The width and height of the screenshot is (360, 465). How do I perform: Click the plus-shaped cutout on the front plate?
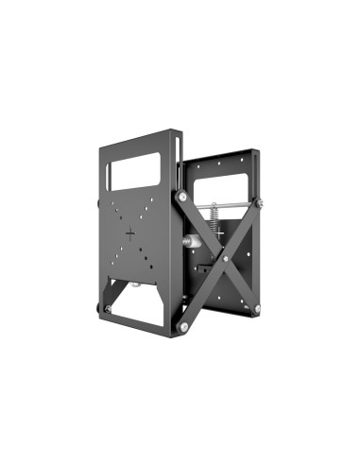click(x=130, y=232)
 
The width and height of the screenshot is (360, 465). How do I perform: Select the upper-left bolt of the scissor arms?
click(x=181, y=196)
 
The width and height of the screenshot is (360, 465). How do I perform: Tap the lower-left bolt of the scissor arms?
click(x=183, y=327)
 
